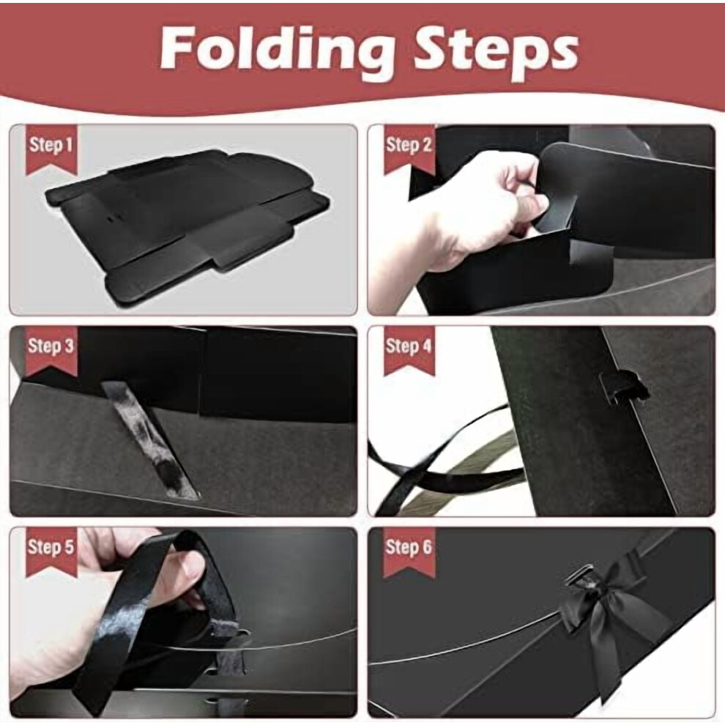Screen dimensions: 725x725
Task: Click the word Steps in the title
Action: click(x=496, y=48)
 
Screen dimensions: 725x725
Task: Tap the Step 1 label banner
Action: click(x=51, y=149)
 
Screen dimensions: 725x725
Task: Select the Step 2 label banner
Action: click(x=409, y=149)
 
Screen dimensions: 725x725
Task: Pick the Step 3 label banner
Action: click(x=51, y=351)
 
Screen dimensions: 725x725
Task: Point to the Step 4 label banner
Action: click(x=409, y=351)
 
